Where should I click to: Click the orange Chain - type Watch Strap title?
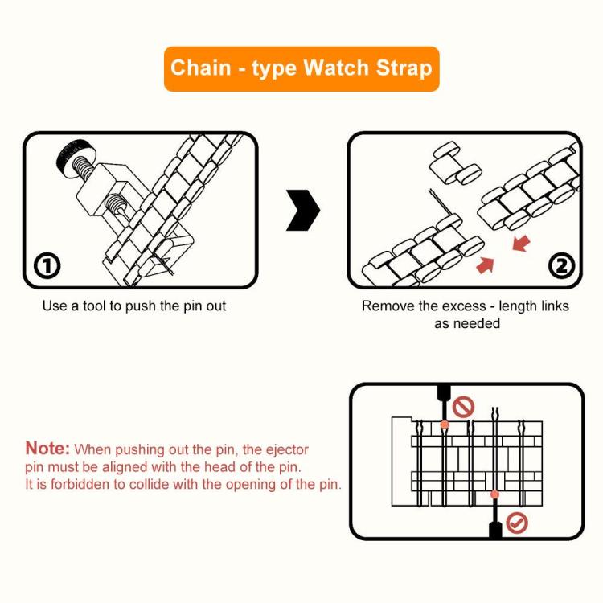(301, 68)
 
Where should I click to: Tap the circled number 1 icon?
(48, 266)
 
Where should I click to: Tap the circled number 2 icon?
(560, 266)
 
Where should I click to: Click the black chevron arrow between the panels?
(304, 211)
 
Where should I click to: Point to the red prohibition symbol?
(464, 407)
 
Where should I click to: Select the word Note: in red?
(47, 449)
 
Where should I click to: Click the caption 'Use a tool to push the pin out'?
(134, 306)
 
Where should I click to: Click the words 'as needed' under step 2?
(467, 323)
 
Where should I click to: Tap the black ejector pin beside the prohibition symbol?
(442, 398)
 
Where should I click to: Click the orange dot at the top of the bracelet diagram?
(443, 424)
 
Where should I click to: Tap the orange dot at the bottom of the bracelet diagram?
(494, 494)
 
